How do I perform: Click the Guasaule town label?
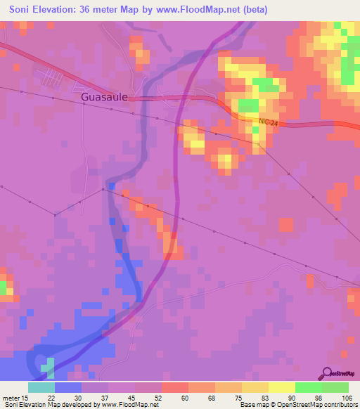(104, 98)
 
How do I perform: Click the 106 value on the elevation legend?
(346, 398)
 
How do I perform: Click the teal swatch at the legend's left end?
(41, 387)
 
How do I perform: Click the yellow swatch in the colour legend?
(281, 387)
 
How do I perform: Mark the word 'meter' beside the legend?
(11, 398)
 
